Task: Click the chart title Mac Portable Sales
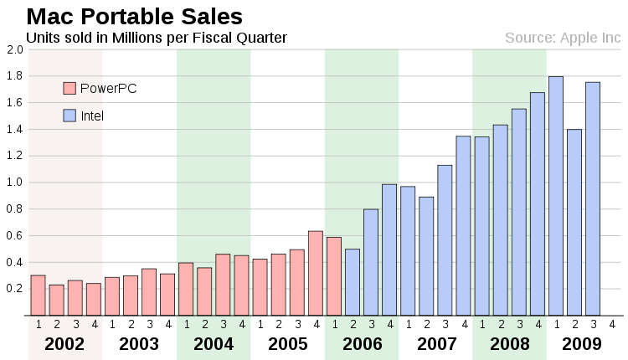[x=134, y=16]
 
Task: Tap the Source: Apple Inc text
[x=563, y=38]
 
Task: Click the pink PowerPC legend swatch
[x=69, y=88]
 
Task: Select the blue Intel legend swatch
[x=69, y=116]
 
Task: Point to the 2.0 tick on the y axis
[x=14, y=49]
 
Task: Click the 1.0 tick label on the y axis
[x=14, y=183]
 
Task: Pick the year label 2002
[x=65, y=343]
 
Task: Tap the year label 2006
[x=362, y=343]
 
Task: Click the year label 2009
[x=583, y=343]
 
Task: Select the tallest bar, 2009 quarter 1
[x=556, y=196]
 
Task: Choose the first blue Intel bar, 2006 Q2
[x=353, y=282]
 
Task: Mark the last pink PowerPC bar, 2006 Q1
[x=334, y=276]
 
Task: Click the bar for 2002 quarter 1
[x=38, y=296]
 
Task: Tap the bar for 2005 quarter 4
[x=316, y=273]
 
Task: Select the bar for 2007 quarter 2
[x=426, y=256]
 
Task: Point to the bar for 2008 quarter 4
[x=538, y=204]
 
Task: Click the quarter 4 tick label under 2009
[x=611, y=324]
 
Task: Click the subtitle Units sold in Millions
[x=156, y=38]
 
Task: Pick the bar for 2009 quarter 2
[x=574, y=223]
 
